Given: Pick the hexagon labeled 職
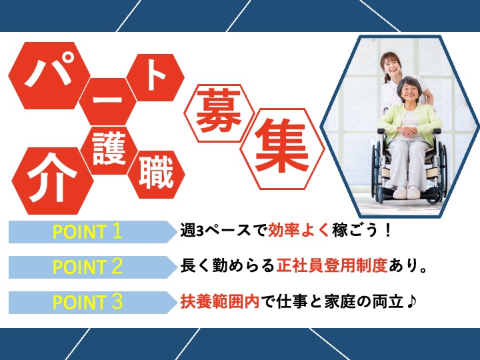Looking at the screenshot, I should click(157, 173).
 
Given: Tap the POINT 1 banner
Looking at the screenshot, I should click(87, 232).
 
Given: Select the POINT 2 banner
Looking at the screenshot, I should click(87, 267).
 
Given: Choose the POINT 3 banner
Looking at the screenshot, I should click(87, 302).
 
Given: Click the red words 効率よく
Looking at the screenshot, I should click(293, 231).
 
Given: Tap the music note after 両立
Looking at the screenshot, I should click(412, 301).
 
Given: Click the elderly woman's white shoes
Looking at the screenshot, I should click(408, 193).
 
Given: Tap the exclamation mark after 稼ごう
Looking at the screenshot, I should click(387, 231).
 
